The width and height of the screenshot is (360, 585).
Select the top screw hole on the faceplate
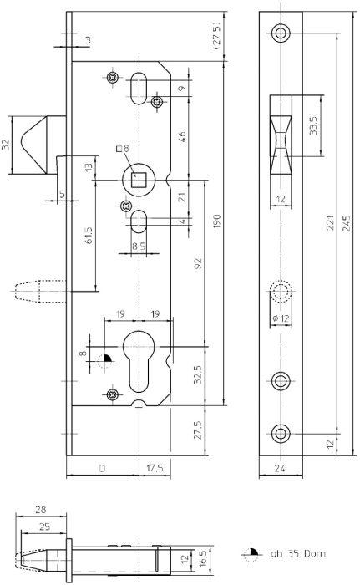coord(281,32)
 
